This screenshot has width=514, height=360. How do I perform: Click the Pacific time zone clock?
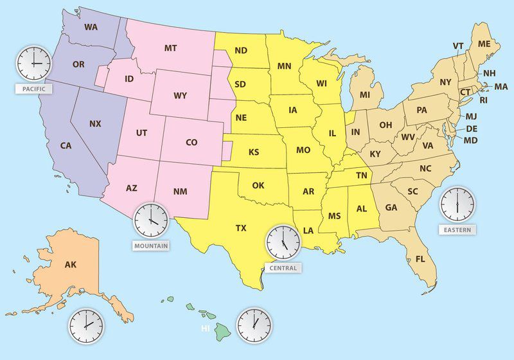pyautogui.click(x=33, y=62)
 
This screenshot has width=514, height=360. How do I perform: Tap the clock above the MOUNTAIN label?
pyautogui.click(x=150, y=220)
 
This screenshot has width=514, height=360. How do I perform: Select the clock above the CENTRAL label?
pyautogui.click(x=283, y=242)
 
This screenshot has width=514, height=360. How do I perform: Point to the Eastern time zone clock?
pyautogui.click(x=457, y=204)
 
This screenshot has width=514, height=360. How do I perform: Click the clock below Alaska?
pyautogui.click(x=85, y=325)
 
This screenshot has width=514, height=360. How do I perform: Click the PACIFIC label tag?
pyautogui.click(x=33, y=89)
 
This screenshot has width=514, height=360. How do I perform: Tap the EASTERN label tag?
pyautogui.click(x=457, y=230)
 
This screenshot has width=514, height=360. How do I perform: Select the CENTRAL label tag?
pyautogui.click(x=283, y=267)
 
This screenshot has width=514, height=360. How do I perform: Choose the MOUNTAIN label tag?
pyautogui.click(x=151, y=246)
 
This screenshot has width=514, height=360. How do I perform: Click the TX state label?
pyautogui.click(x=241, y=228)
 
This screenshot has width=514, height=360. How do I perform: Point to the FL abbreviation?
pyautogui.click(x=420, y=259)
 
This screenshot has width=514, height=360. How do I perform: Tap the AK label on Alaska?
pyautogui.click(x=71, y=264)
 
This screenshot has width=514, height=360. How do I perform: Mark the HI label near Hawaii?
pyautogui.click(x=206, y=328)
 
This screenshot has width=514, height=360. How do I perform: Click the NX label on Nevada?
pyautogui.click(x=95, y=123)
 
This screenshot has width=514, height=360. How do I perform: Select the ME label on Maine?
pyautogui.click(x=484, y=43)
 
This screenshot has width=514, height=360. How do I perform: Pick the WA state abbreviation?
pyautogui.click(x=91, y=28)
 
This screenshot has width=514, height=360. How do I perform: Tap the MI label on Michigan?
pyautogui.click(x=365, y=94)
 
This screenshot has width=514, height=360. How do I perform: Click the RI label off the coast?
pyautogui.click(x=484, y=100)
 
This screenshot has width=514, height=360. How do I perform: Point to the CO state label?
pyautogui.click(x=191, y=142)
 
